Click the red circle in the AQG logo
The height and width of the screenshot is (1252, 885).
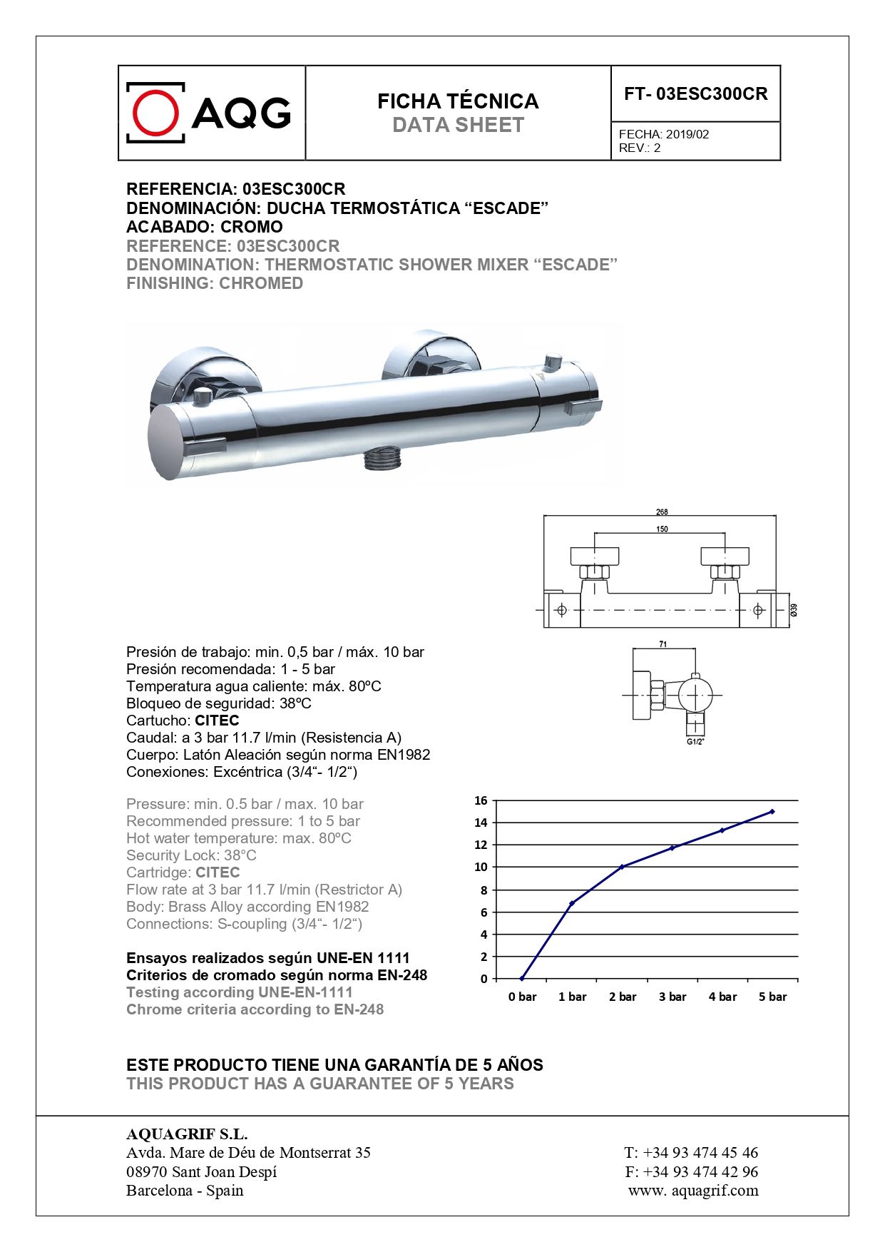tap(155, 113)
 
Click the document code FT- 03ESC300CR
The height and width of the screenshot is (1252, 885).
tap(695, 94)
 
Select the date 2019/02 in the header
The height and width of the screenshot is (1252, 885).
tap(687, 134)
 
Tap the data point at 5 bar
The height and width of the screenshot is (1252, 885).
tap(772, 812)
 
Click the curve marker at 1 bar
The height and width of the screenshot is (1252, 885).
tap(572, 903)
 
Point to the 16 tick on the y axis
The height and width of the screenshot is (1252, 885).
tap(481, 800)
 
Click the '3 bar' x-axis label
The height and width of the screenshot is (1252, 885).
tap(672, 997)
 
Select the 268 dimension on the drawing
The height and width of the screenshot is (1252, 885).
tap(662, 512)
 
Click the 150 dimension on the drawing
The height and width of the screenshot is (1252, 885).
tap(662, 529)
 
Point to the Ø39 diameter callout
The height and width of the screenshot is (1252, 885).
tap(793, 610)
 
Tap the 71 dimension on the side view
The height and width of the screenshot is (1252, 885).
tap(663, 644)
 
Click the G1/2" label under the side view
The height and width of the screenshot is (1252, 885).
tap(695, 742)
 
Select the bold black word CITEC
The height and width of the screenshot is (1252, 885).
tap(217, 721)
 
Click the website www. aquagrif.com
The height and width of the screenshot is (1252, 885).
tap(693, 1190)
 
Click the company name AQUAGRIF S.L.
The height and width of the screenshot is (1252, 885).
tap(187, 1134)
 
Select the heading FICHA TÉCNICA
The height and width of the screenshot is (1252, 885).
tap(458, 101)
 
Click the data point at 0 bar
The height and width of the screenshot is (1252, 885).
tap(522, 979)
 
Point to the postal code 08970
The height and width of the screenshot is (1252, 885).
tap(146, 1171)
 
